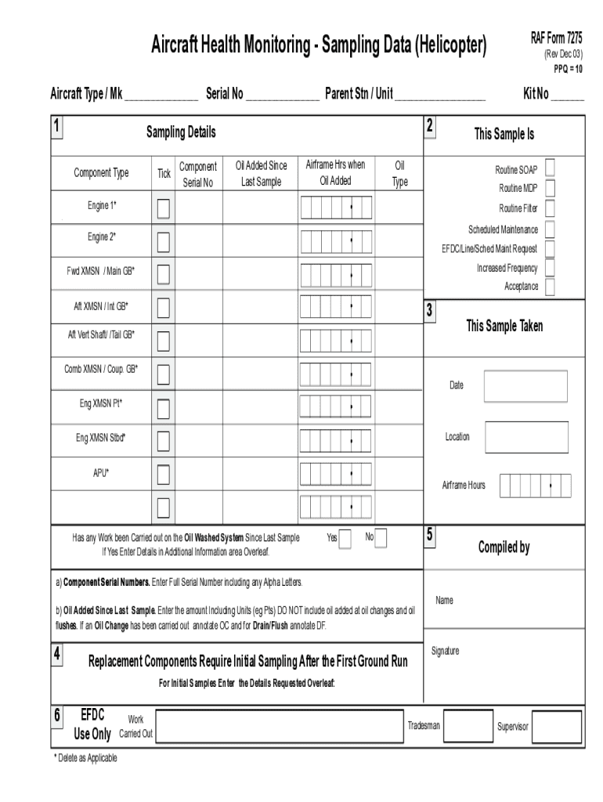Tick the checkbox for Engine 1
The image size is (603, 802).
pos(163,208)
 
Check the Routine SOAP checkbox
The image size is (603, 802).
pos(551,168)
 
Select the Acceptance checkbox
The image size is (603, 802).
pos(551,287)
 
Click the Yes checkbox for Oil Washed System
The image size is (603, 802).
pos(345,540)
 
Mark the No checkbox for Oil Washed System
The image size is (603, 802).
pos(381,538)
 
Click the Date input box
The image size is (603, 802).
pos(519,386)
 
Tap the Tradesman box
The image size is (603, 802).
pos(468,726)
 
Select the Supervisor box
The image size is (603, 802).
pos(558,726)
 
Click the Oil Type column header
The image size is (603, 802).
pos(399,174)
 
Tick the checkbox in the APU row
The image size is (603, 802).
pos(163,475)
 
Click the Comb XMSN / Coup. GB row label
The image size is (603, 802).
pos(101,368)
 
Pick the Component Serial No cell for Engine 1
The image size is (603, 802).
pos(199,208)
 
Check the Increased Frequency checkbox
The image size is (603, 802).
pos(551,267)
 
